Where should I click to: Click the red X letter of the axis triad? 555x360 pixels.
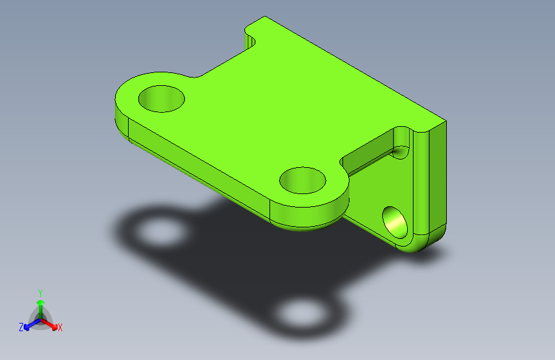point(60,328)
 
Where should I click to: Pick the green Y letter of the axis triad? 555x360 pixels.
point(40,292)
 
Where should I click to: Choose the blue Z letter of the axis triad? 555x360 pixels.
point(21,327)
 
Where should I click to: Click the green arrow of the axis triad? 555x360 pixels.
point(40,304)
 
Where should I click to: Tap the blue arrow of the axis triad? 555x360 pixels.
point(29,325)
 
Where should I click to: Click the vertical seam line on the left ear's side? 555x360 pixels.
point(128,131)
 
